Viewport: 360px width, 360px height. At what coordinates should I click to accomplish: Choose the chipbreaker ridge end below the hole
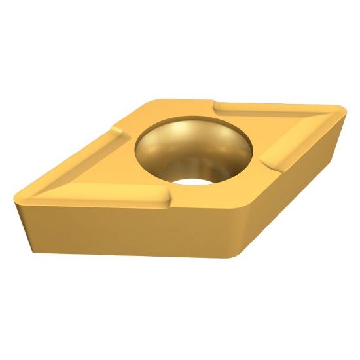click(x=164, y=196)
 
